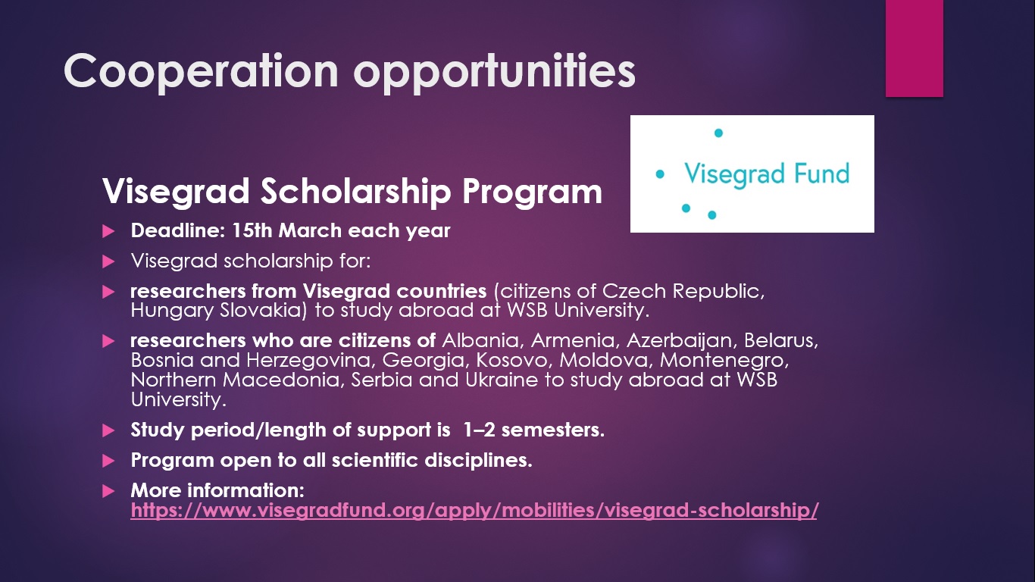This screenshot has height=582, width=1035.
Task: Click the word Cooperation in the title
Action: (202, 70)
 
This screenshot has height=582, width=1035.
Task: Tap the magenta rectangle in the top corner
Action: (914, 48)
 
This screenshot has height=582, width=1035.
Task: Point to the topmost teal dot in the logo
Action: (718, 133)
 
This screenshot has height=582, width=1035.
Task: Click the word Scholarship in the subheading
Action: (355, 192)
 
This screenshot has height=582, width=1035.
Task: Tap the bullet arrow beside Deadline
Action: (108, 231)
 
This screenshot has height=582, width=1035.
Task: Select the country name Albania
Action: (483, 340)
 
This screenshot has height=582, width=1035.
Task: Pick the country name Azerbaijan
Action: (679, 341)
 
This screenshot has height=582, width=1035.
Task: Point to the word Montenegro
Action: (724, 361)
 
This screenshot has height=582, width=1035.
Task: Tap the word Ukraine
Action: (502, 380)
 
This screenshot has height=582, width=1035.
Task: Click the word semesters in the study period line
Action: (552, 430)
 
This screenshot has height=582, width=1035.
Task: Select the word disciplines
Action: (478, 461)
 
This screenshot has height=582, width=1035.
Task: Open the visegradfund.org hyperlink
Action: (474, 510)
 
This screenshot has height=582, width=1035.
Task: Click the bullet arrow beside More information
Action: (108, 491)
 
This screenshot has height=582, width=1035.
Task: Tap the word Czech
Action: (634, 291)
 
